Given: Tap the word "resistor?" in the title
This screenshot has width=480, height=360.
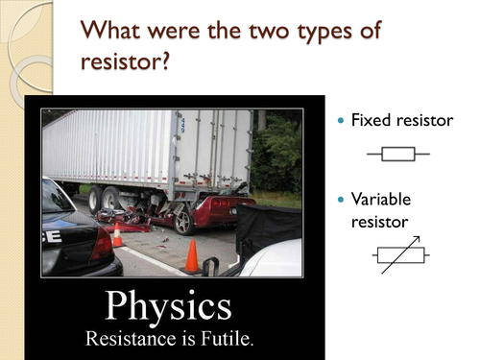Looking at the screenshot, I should click(x=126, y=66).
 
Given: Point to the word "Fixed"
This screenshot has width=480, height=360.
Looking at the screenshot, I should click(x=372, y=121).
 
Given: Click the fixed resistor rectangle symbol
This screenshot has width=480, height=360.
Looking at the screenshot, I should click(x=397, y=153).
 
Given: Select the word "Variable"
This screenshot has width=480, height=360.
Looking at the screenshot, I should click(x=381, y=200).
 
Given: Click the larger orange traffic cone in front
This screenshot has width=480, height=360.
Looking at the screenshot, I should click(x=192, y=256).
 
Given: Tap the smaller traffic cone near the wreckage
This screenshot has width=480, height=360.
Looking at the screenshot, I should click(x=117, y=235).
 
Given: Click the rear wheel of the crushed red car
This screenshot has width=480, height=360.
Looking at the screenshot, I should click(x=183, y=221).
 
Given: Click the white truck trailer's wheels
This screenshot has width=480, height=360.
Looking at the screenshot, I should click(x=107, y=199).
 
